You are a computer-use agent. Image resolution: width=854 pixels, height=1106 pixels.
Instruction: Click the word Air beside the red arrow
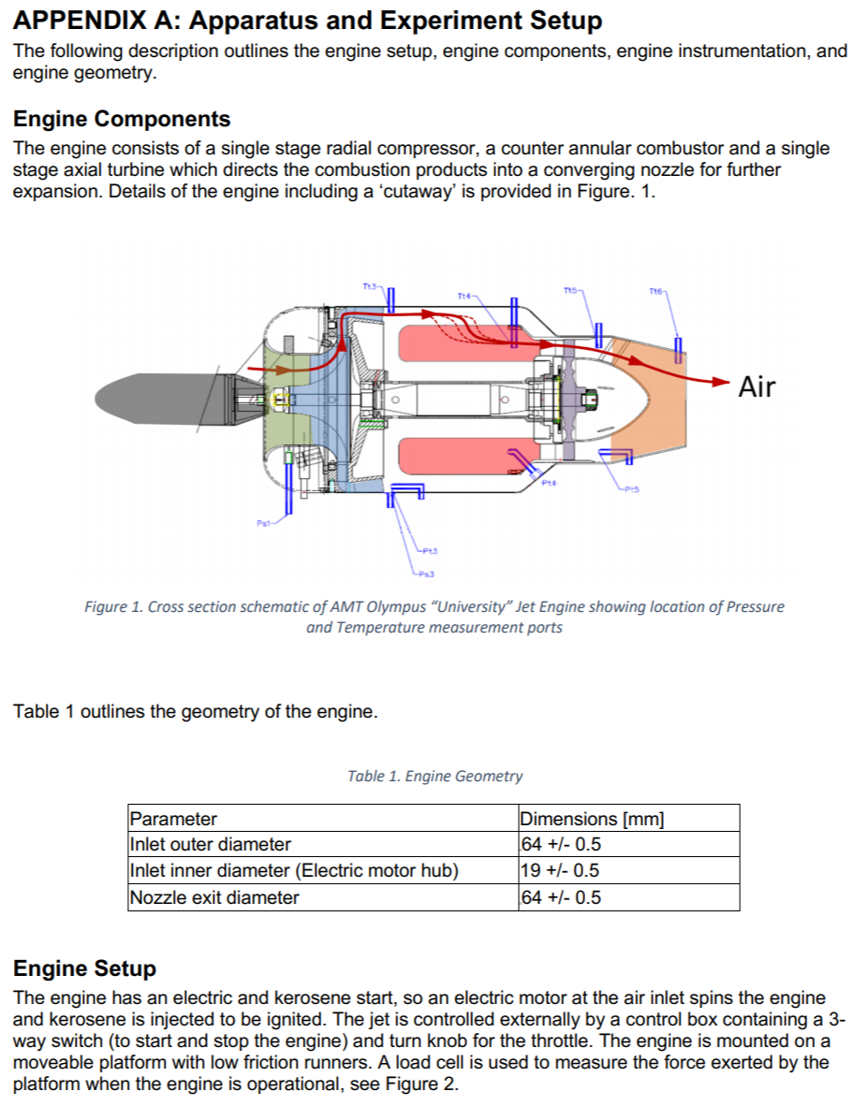coord(757,386)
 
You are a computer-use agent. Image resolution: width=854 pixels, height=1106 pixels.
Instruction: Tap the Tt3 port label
coord(370,284)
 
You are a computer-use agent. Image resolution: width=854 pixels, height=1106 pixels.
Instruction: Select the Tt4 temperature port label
coord(464,296)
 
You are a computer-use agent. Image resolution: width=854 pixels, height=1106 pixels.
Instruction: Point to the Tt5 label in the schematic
coord(572,290)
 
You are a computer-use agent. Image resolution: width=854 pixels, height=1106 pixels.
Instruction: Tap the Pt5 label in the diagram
coord(629,488)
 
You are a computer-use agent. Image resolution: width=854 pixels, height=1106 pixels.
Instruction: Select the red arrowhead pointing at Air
coord(719,381)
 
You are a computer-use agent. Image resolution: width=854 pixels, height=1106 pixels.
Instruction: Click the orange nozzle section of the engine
coord(655,393)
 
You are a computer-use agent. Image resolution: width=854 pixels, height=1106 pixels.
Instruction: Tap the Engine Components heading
coord(122,119)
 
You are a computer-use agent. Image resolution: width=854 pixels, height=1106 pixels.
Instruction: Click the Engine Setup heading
coord(84,968)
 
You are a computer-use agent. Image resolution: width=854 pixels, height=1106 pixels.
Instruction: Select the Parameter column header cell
coord(173,819)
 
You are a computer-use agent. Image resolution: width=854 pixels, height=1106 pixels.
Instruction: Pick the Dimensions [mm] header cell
coord(591,819)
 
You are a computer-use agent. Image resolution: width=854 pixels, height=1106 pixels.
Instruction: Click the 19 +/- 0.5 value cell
coord(560,871)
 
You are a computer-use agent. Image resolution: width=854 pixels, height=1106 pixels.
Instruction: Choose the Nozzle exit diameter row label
coord(214,897)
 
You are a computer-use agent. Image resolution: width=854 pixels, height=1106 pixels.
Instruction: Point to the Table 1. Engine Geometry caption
coord(434,776)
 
